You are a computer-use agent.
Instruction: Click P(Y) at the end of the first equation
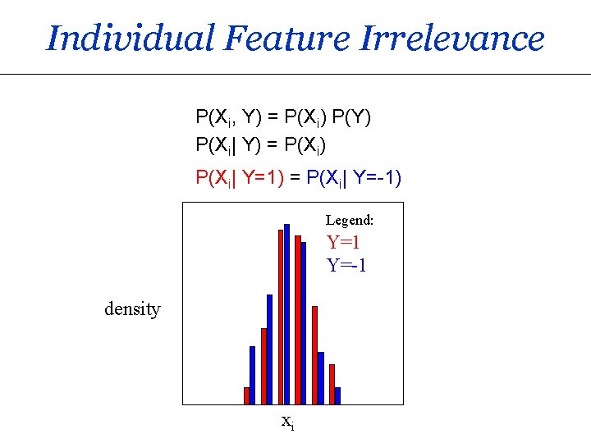[x=352, y=118]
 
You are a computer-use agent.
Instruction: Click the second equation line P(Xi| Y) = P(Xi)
[x=261, y=146]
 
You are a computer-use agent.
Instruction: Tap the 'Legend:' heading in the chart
[x=350, y=220]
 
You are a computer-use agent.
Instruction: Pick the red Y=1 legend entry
[x=344, y=243]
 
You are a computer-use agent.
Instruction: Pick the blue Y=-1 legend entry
[x=346, y=266]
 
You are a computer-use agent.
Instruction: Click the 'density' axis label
[x=132, y=309]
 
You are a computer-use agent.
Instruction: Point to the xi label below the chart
[x=287, y=422]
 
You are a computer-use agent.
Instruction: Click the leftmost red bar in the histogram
[x=246, y=395]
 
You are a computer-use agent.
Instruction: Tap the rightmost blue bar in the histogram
[x=337, y=395]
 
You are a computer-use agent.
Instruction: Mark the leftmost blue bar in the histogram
[x=252, y=375]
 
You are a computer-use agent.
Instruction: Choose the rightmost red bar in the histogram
[x=332, y=384]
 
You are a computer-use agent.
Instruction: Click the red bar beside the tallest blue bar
[x=281, y=317]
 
